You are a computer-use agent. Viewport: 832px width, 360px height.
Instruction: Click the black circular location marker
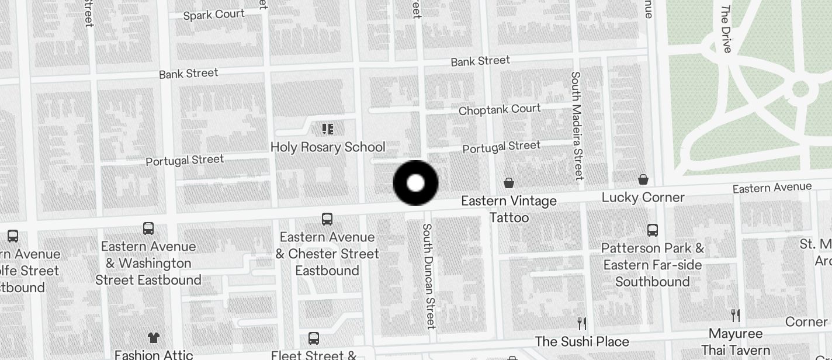click(415, 183)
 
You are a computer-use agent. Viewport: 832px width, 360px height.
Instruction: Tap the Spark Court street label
click(214, 15)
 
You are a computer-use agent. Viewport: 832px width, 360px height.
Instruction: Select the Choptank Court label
click(500, 109)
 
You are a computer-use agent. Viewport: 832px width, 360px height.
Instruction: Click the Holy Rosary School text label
click(328, 147)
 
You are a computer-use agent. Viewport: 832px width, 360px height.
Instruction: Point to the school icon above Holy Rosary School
click(327, 129)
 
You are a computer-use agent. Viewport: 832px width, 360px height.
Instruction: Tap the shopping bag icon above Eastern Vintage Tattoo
click(509, 183)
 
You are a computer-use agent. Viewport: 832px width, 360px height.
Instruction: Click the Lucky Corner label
click(643, 197)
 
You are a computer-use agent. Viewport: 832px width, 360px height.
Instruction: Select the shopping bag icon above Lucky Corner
click(643, 179)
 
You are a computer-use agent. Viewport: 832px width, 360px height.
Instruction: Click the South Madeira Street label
click(577, 125)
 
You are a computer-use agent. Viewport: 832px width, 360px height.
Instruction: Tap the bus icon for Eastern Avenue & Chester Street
click(327, 219)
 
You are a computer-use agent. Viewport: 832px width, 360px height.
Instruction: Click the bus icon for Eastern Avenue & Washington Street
click(148, 228)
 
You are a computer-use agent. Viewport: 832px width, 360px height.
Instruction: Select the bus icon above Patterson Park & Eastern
click(653, 230)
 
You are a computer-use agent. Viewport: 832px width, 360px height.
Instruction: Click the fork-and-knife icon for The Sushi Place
click(581, 323)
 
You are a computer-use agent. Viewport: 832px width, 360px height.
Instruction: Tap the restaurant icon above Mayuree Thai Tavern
click(736, 316)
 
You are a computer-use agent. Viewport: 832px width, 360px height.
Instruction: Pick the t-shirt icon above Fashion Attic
click(153, 337)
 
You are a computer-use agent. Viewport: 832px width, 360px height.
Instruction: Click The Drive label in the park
click(726, 29)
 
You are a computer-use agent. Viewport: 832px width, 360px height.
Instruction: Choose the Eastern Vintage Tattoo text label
click(509, 209)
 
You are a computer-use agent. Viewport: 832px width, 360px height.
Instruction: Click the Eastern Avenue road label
click(772, 188)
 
